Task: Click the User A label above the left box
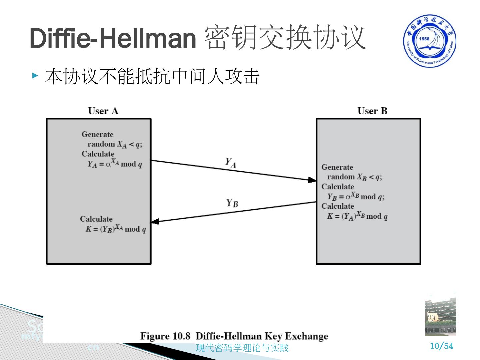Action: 103,111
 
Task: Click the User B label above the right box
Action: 372,111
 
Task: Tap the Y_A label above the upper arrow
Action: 230,163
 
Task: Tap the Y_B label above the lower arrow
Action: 232,203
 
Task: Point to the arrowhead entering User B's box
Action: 312,180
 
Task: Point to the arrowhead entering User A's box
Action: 155,221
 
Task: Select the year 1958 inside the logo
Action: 424,39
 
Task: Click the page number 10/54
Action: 442,346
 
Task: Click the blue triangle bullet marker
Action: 35,75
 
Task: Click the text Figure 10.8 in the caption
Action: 165,336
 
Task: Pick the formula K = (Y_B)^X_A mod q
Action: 116,229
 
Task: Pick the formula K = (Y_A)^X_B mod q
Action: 357,216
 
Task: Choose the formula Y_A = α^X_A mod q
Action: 115,163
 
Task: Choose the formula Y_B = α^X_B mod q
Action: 356,197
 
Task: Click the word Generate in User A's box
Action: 97,134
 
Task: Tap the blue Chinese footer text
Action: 242,348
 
